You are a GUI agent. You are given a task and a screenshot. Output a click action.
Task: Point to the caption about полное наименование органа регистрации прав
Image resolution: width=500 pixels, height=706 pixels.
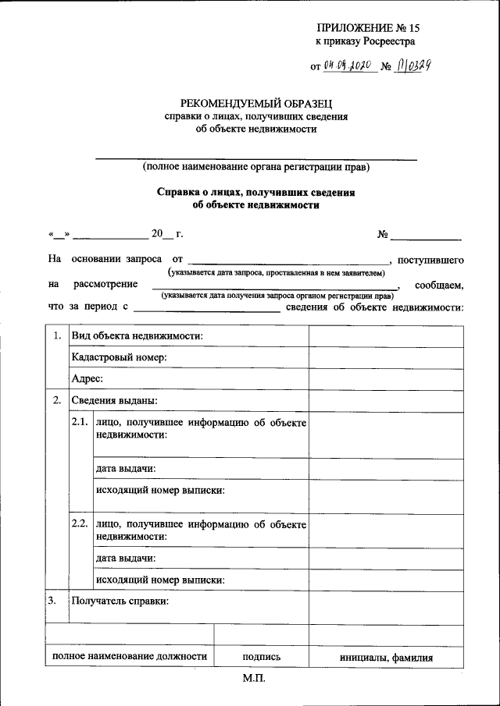tap(255, 167)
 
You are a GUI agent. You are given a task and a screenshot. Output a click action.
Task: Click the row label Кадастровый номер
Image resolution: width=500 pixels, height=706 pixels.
tap(120, 357)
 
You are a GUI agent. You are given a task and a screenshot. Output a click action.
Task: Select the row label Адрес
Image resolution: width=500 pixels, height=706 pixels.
tap(87, 379)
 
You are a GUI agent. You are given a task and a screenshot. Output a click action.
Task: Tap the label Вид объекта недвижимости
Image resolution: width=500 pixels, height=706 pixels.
tap(137, 335)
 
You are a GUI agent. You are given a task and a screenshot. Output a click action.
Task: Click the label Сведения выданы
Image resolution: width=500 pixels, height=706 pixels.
tap(114, 401)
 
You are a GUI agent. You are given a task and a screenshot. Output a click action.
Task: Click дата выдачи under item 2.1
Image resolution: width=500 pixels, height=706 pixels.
tap(125, 469)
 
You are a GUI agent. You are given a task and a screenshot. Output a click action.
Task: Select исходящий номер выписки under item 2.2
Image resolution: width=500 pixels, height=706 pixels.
tap(160, 580)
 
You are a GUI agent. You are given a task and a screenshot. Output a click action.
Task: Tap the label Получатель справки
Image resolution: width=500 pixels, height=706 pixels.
tap(120, 601)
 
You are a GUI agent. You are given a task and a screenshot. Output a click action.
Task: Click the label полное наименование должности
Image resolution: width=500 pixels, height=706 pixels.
tap(130, 657)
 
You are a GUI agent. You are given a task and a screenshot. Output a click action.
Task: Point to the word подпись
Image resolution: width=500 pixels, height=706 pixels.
tap(262, 657)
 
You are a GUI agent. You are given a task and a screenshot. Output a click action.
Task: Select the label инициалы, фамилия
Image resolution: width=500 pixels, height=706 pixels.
tap(386, 657)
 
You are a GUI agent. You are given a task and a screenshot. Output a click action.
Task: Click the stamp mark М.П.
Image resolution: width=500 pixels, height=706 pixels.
tap(255, 679)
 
